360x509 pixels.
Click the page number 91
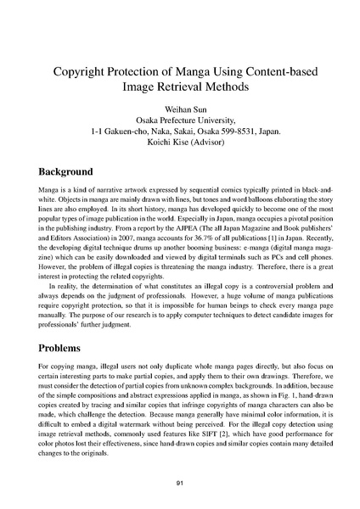tap(180, 484)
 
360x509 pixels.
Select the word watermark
tap(160, 424)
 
